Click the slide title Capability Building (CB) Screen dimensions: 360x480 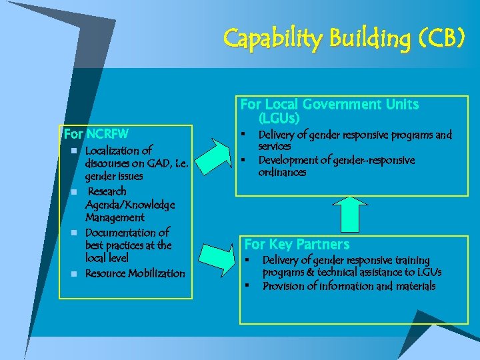(343, 39)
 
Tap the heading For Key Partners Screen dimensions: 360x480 (297, 244)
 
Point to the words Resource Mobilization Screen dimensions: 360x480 (135, 273)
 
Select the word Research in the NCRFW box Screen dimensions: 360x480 (107, 191)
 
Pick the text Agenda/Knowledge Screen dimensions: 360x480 (130, 205)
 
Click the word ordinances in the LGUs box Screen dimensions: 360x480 (282, 172)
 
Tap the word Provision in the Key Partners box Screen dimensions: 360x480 (284, 286)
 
